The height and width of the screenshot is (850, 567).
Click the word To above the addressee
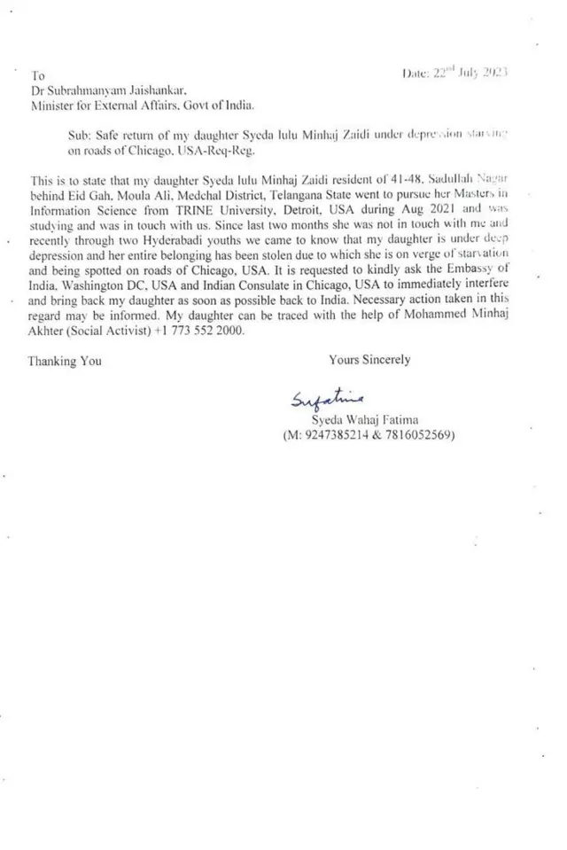37,75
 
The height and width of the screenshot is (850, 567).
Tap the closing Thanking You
65,361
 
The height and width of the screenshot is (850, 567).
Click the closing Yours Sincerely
369,360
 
